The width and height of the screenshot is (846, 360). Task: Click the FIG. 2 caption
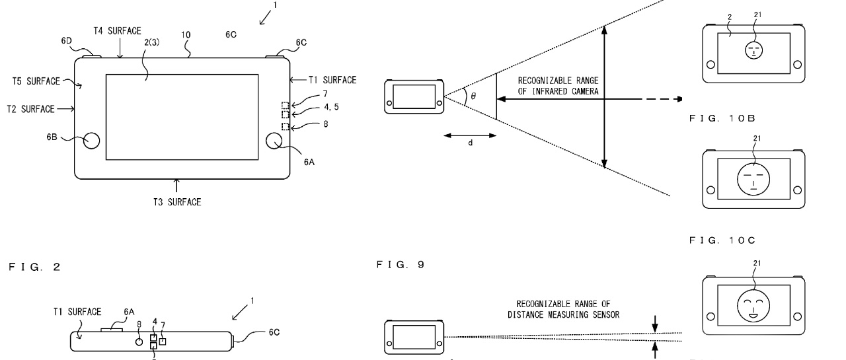click(34, 267)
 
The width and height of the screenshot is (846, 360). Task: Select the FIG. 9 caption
click(401, 264)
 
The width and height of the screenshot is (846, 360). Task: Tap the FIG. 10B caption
click(722, 118)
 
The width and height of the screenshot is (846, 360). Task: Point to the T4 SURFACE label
click(117, 31)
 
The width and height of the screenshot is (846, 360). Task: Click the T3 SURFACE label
click(176, 202)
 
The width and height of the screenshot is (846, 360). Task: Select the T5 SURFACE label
click(36, 81)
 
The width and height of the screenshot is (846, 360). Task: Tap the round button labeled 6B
click(91, 141)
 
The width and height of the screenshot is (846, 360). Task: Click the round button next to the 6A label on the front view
click(274, 141)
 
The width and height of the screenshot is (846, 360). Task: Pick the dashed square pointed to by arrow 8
click(286, 126)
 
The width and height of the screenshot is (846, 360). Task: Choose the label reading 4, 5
click(331, 107)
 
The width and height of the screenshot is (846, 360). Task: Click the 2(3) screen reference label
click(152, 42)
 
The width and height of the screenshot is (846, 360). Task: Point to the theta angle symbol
click(473, 96)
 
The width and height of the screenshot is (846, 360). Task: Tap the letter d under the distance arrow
click(470, 143)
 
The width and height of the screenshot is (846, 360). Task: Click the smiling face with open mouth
click(753, 306)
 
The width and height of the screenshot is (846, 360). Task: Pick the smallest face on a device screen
click(754, 50)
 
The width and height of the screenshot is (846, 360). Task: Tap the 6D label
click(67, 41)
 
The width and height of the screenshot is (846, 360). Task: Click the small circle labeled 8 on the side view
click(139, 342)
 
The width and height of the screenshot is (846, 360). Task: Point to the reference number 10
click(186, 35)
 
